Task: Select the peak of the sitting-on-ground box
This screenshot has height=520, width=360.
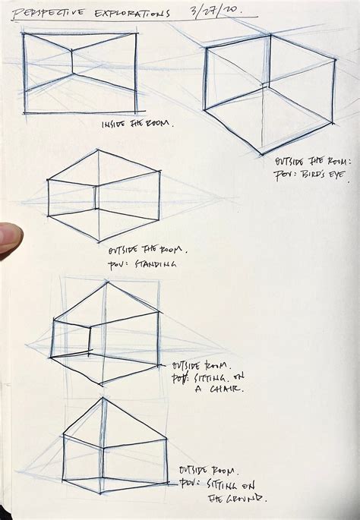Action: tap(102, 398)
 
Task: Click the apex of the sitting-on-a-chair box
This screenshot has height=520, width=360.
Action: tap(106, 282)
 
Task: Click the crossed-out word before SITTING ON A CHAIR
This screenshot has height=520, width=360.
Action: tap(179, 377)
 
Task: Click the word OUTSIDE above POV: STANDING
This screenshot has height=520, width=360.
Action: tap(124, 250)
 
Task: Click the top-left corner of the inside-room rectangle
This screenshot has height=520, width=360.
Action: tap(24, 34)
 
